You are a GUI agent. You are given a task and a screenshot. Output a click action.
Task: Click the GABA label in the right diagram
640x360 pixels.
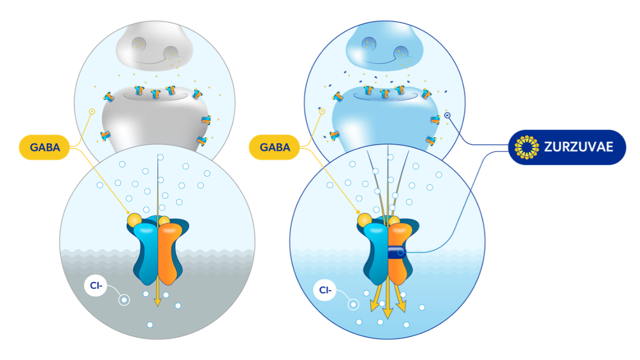pos(274,147)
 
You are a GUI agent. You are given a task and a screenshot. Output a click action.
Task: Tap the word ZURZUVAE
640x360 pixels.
pos(578,147)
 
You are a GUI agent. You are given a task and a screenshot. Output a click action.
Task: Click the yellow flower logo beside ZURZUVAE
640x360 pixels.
pos(526,147)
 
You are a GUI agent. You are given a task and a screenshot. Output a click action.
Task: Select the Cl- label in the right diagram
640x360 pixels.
pos(325,289)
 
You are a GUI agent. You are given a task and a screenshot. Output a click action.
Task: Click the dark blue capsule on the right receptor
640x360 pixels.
pos(396,252)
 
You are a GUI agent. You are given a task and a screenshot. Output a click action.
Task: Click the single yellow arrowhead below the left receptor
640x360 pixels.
pos(157,301)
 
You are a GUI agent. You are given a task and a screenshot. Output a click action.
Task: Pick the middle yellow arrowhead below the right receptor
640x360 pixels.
pos(387,313)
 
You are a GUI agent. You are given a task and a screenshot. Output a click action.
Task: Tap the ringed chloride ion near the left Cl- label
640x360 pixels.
pos(124,300)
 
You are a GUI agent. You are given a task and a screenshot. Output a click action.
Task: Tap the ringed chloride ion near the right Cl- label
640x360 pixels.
pos(353,304)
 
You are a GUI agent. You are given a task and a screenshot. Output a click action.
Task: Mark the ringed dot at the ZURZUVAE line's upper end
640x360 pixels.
pos(447,116)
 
